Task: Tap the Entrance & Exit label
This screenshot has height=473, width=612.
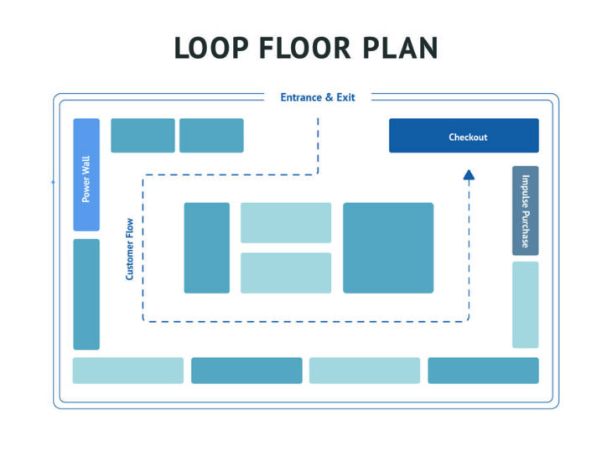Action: (x=318, y=97)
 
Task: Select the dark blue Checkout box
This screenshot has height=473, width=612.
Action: (x=464, y=136)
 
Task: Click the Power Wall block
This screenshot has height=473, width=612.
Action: (x=86, y=174)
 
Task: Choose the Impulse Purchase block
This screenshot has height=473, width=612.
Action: (x=525, y=211)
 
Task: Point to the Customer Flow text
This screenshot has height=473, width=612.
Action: (x=129, y=249)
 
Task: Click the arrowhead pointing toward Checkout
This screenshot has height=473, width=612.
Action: (x=469, y=174)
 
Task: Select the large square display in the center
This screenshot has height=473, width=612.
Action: (x=388, y=247)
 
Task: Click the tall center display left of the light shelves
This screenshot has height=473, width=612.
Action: (x=206, y=247)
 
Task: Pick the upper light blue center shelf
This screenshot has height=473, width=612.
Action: (x=286, y=222)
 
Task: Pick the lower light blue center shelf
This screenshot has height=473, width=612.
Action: (x=286, y=273)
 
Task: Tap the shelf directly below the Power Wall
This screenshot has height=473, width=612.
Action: (x=86, y=294)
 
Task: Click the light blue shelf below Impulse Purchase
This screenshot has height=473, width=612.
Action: (x=525, y=304)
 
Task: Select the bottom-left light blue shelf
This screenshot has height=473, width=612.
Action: (x=127, y=371)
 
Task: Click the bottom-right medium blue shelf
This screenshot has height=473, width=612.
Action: (x=483, y=371)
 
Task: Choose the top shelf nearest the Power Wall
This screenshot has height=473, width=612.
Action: (x=143, y=135)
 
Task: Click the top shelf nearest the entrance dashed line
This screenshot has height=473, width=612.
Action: (x=211, y=135)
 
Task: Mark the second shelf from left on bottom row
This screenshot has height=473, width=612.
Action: (x=246, y=371)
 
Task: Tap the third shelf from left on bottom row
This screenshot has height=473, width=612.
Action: (x=365, y=371)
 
